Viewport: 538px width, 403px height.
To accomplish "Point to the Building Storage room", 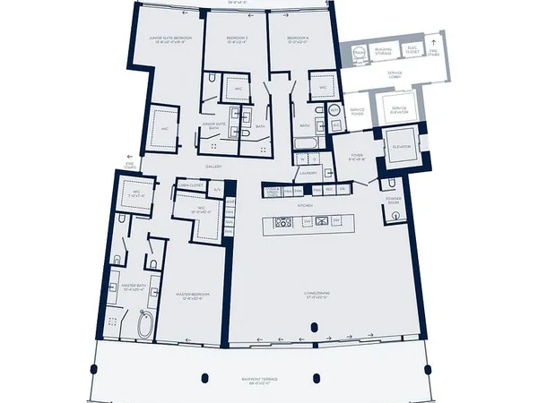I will click(x=383, y=52).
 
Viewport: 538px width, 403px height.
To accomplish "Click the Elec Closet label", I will click(x=412, y=52).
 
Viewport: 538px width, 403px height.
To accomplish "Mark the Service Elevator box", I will click(x=399, y=110).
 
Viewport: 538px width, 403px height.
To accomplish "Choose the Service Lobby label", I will click(x=387, y=76).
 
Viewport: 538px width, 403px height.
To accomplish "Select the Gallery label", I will click(x=213, y=167).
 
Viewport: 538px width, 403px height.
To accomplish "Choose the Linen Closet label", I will click(x=192, y=185).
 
